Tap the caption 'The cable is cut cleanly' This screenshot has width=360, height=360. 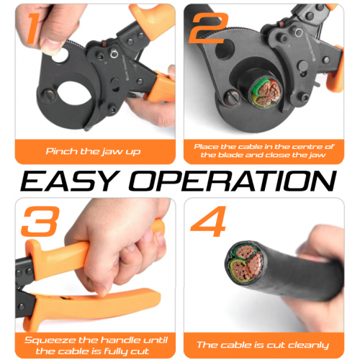point(263,345)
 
